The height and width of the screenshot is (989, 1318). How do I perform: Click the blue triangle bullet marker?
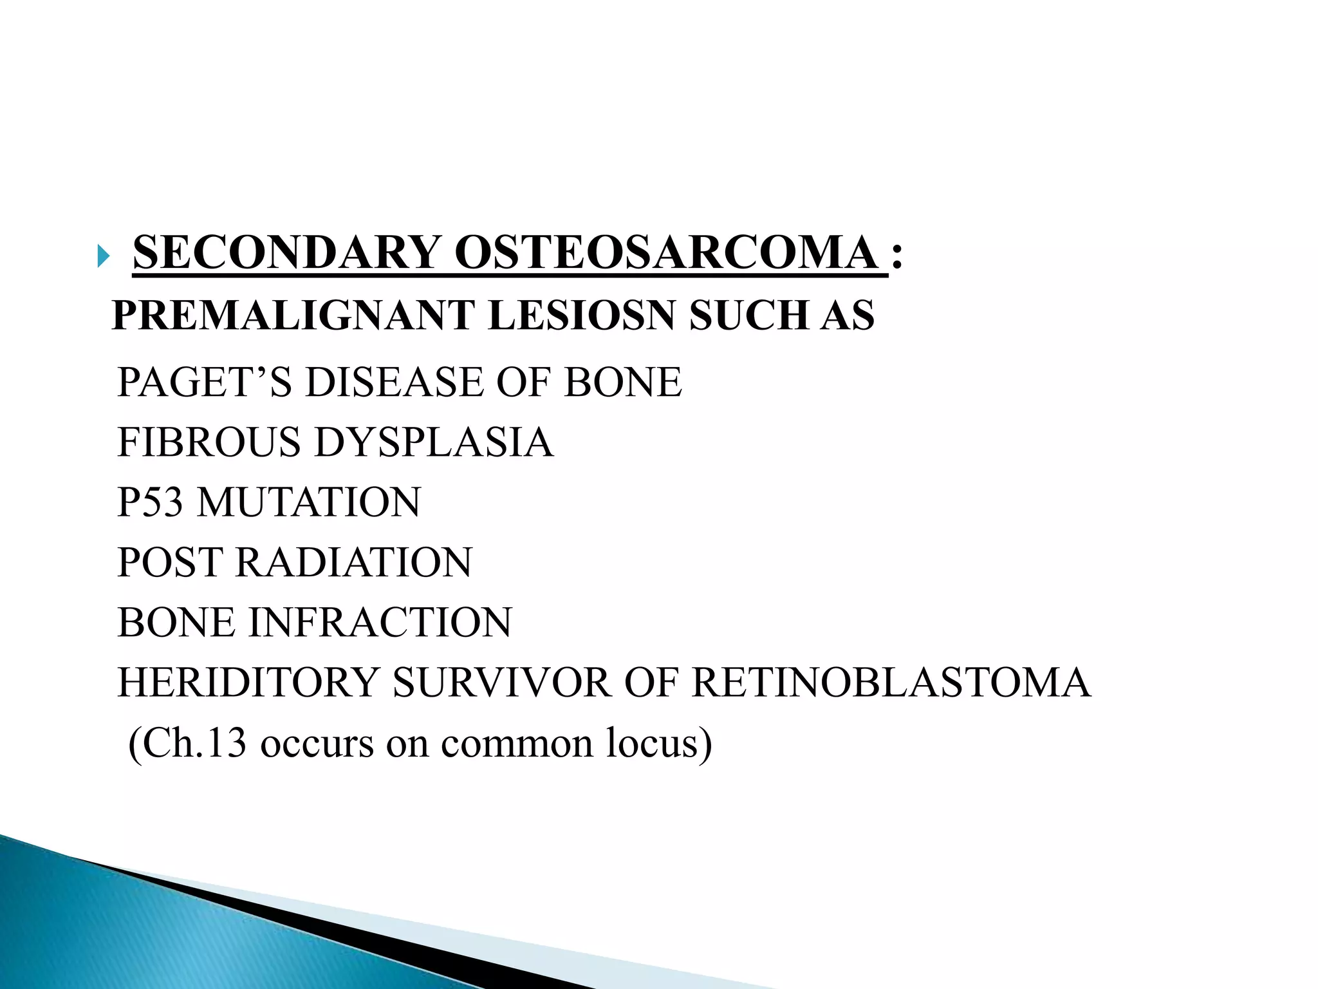pyautogui.click(x=103, y=257)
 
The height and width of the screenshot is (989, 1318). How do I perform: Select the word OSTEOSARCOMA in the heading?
pyautogui.click(x=666, y=252)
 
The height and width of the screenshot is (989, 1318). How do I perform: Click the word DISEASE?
pyautogui.click(x=393, y=382)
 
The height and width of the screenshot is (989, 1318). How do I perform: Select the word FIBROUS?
pyautogui.click(x=209, y=442)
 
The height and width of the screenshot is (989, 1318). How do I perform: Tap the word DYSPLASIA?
pyautogui.click(x=434, y=442)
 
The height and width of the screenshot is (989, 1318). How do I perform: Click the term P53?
pyautogui.click(x=150, y=502)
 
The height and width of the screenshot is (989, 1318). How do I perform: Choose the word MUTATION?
pyautogui.click(x=308, y=502)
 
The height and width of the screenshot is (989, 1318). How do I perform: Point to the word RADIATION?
pyautogui.click(x=354, y=562)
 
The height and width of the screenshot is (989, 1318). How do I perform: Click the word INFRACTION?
pyautogui.click(x=380, y=623)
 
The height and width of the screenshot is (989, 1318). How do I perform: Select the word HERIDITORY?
pyautogui.click(x=248, y=683)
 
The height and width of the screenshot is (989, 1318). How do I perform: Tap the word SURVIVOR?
pyautogui.click(x=501, y=683)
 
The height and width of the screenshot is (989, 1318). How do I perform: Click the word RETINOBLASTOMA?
pyautogui.click(x=891, y=683)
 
